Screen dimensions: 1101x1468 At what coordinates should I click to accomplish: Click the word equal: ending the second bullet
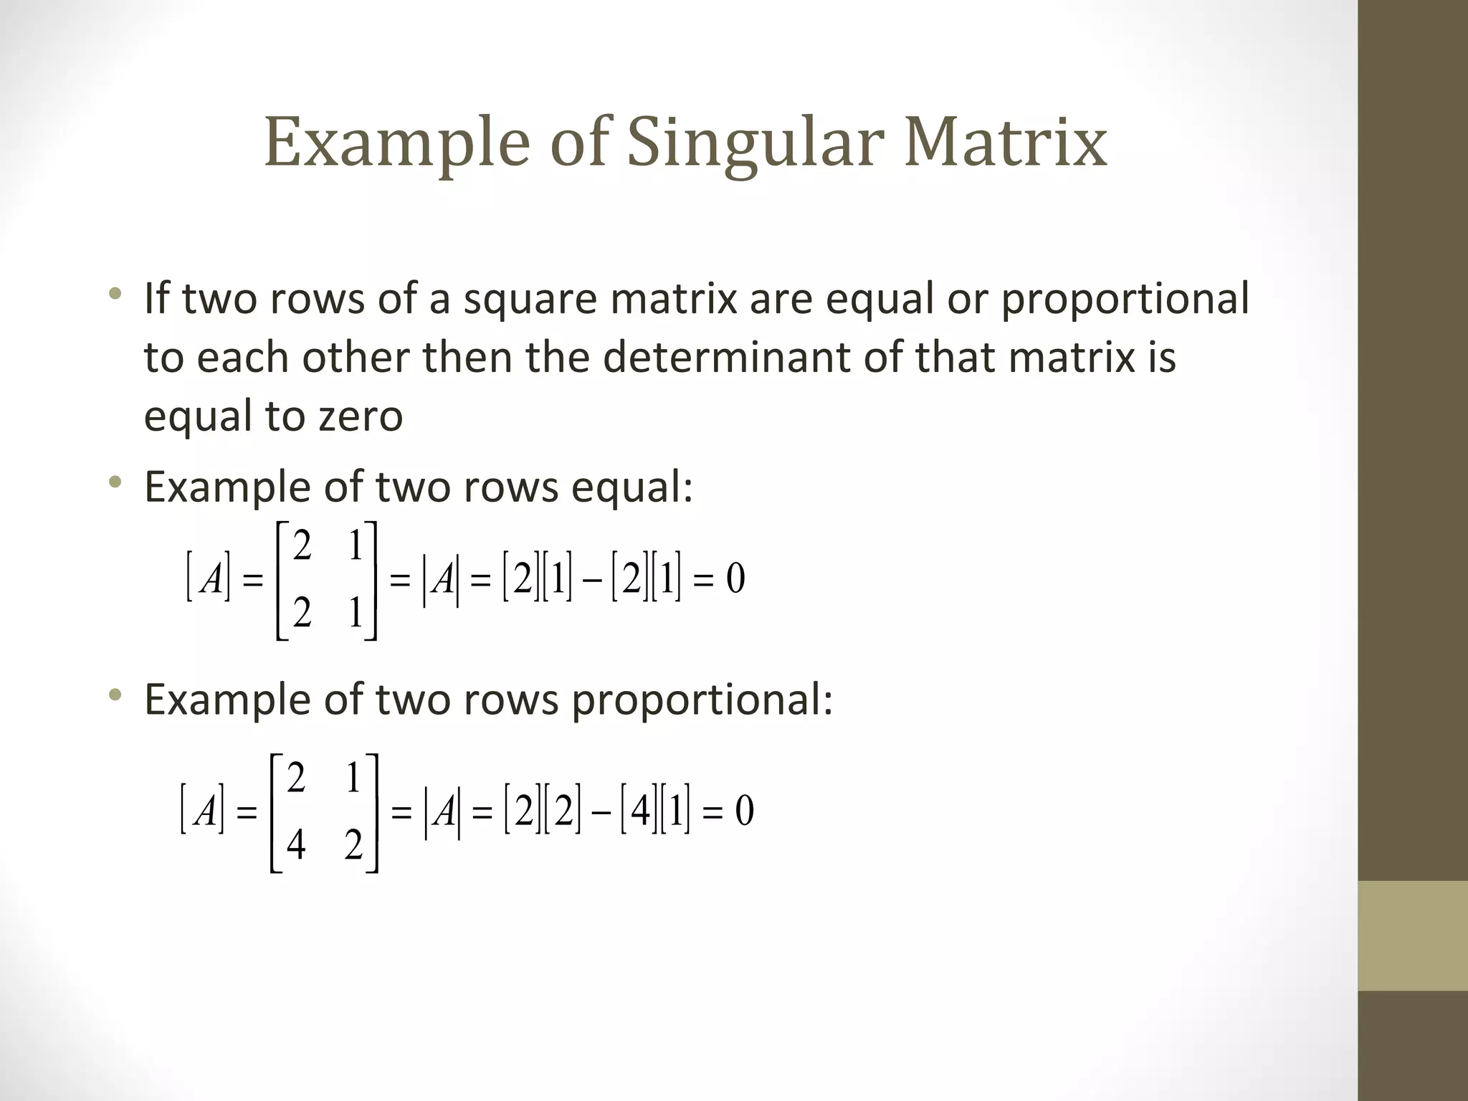point(631,487)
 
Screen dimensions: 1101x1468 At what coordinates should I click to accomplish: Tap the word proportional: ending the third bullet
point(702,700)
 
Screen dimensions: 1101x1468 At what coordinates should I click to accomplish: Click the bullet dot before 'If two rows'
point(115,294)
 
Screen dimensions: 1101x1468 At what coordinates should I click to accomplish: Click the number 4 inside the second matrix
point(295,845)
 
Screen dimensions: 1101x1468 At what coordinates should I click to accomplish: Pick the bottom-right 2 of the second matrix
point(353,845)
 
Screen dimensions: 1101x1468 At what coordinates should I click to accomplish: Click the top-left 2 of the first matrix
point(302,547)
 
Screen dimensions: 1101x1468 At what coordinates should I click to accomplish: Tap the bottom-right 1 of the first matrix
point(356,613)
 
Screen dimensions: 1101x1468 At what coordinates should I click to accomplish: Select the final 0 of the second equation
point(744,811)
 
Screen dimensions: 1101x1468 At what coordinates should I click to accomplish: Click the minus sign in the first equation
point(592,581)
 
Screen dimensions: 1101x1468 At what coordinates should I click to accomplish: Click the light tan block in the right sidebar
point(1413,935)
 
